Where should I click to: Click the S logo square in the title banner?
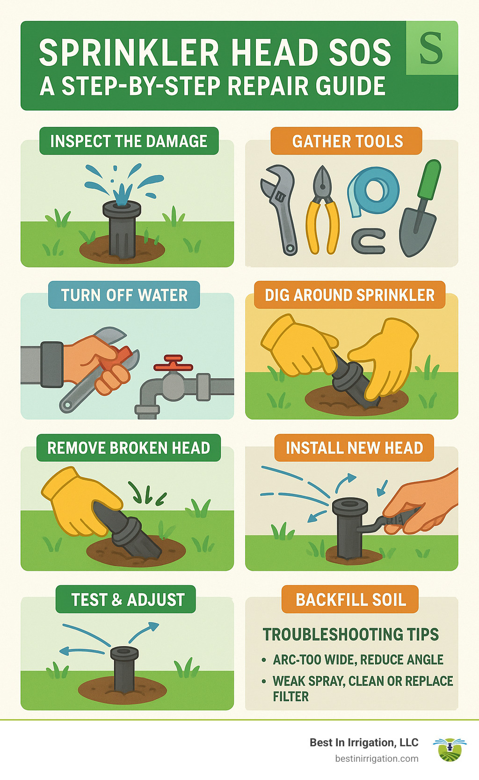tap(431, 48)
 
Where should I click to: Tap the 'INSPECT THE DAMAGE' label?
tap(129, 141)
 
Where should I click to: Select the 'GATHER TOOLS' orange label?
tap(347, 141)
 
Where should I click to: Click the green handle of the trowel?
tap(430, 180)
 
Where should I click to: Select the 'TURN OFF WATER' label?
tap(124, 295)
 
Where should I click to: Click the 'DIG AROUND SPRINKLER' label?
tap(349, 295)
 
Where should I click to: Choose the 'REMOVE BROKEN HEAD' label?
tap(129, 448)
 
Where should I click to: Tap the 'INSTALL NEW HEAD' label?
tap(354, 448)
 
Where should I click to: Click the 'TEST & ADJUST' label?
tap(128, 600)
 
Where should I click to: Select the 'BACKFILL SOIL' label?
tap(351, 600)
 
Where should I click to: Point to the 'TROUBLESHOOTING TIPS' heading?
tap(351, 634)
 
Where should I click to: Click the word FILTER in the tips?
tap(291, 697)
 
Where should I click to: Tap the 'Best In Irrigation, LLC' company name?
tap(364, 743)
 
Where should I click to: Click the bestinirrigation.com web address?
tap(377, 758)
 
